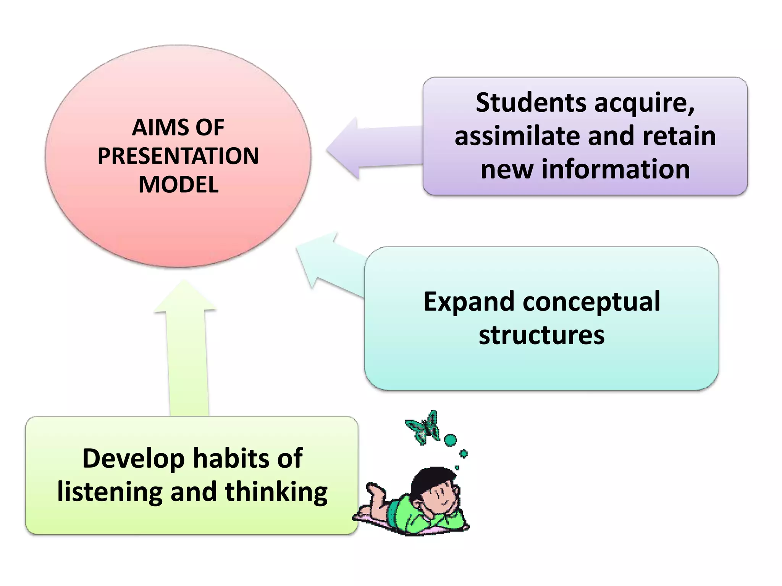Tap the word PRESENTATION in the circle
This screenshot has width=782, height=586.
coord(178,156)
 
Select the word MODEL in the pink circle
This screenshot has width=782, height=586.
coord(178,185)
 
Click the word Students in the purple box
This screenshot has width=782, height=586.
coord(531,103)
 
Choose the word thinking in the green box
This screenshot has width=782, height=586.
coord(276,492)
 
